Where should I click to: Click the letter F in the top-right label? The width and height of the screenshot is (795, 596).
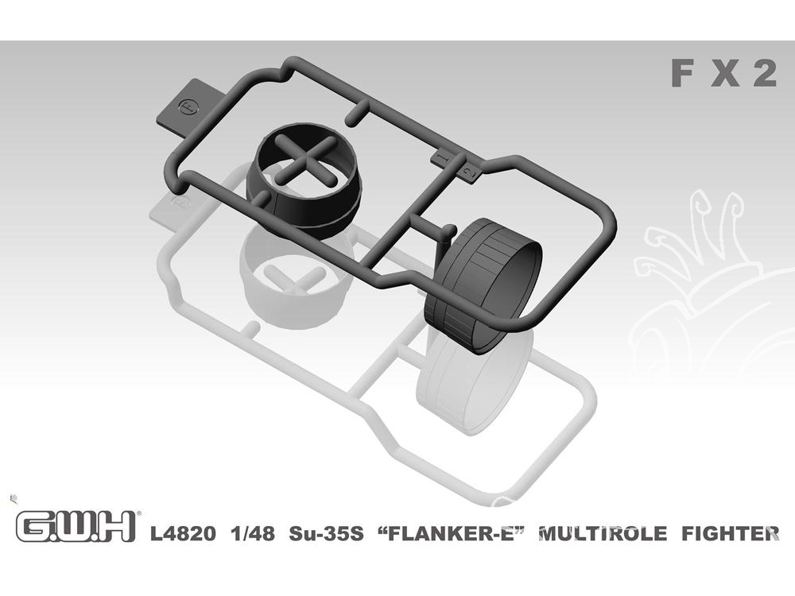pos(682,73)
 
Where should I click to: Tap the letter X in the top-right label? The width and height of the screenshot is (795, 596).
pos(725,73)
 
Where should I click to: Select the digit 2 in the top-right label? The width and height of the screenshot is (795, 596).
pos(765,73)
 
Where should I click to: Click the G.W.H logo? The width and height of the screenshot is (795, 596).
pos(77,527)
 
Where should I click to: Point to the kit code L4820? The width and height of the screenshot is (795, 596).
pos(183,534)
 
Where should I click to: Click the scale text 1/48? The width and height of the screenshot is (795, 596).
pos(253,534)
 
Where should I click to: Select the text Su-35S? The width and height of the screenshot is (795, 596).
pos(326,534)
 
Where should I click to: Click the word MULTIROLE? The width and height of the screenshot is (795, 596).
pos(603,534)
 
